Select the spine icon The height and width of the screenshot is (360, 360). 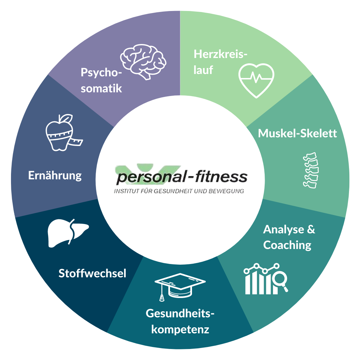click(311, 170)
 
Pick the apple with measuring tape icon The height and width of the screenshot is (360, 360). click(62, 133)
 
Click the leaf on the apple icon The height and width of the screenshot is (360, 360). click(66, 118)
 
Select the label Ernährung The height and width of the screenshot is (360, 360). click(55, 176)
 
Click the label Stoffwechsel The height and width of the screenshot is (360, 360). click(92, 273)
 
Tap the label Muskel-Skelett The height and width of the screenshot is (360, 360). click(297, 133)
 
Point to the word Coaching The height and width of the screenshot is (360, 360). click(287, 245)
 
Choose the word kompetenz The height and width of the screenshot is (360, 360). click(180, 330)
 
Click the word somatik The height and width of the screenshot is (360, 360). click(101, 88)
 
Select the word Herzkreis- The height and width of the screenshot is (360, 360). click(220, 54)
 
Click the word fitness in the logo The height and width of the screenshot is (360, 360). click(221, 176)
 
